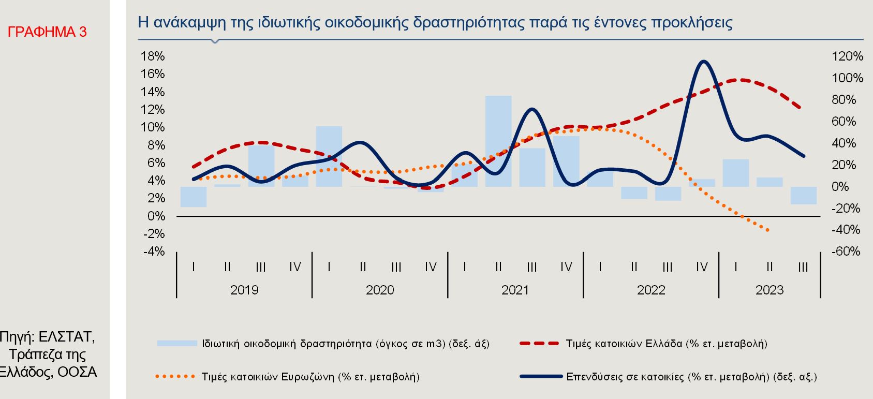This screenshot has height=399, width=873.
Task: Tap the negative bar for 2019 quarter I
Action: tap(194, 197)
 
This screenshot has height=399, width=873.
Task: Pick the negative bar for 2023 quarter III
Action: tap(803, 196)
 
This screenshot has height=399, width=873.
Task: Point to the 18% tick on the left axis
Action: tap(153, 56)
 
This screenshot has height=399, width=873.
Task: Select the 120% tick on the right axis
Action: tap(847, 56)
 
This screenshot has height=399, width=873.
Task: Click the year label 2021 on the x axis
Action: tap(515, 290)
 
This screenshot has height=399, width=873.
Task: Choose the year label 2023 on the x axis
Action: tap(770, 290)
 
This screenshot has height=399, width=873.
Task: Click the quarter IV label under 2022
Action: tap(702, 267)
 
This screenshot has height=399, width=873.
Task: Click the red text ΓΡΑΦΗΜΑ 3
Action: tap(47, 32)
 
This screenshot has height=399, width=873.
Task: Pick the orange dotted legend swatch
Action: tap(176, 376)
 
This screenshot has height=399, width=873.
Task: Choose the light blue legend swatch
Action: tap(177, 343)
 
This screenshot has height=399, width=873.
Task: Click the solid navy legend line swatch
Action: tap(540, 376)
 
